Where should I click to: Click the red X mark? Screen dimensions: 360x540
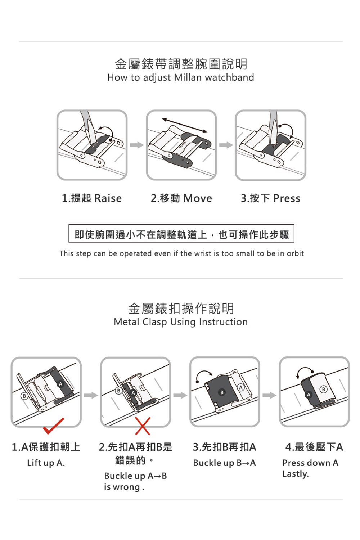143,426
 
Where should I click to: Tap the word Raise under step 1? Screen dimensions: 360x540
108,198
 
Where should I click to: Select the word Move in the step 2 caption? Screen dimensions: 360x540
198,198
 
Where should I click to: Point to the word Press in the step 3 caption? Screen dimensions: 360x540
287,198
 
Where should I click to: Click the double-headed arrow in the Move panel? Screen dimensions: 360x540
185,125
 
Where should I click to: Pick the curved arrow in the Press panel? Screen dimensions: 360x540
287,130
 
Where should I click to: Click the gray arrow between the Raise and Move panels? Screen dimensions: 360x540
137,145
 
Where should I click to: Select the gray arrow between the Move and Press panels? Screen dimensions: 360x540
226,145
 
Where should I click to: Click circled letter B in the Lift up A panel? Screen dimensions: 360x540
24,396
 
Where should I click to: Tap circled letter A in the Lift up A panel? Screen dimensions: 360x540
60,384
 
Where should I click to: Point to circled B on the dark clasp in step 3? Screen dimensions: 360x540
222,392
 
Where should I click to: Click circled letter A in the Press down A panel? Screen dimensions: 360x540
309,395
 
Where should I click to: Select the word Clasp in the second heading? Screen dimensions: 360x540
154,322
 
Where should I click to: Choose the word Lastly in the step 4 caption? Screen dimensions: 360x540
295,474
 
